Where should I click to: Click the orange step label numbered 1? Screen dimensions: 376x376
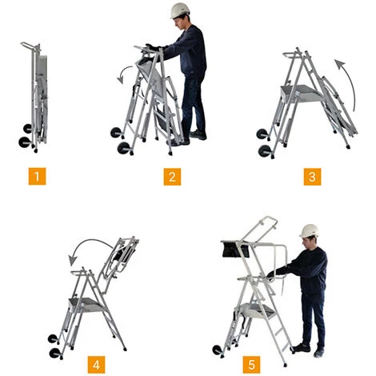[x=37, y=176]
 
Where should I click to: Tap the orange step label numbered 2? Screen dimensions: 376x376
[x=172, y=177]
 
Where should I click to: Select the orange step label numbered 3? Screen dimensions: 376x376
[x=312, y=177]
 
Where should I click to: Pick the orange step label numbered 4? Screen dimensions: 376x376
[x=96, y=365]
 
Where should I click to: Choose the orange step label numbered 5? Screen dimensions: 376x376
[x=251, y=365]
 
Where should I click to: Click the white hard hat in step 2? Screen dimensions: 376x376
[x=180, y=10]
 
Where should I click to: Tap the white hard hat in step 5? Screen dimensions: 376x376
[x=310, y=230]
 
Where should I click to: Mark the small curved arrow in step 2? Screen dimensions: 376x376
[x=122, y=71]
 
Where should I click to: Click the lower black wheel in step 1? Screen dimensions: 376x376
[x=25, y=142]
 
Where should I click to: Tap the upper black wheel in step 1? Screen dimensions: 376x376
[x=27, y=129]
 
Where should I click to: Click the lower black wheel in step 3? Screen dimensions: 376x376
[x=265, y=151]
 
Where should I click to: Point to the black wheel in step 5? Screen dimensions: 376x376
[x=218, y=350]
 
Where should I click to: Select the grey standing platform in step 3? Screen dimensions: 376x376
[x=302, y=94]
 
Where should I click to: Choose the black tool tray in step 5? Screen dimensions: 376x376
[x=236, y=249]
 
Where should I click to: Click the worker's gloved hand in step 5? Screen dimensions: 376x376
[x=271, y=274]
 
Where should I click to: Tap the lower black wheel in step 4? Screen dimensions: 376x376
[x=55, y=353]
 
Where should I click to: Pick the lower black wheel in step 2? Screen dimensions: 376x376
[x=124, y=148]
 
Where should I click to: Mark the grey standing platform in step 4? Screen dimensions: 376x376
[x=86, y=305]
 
